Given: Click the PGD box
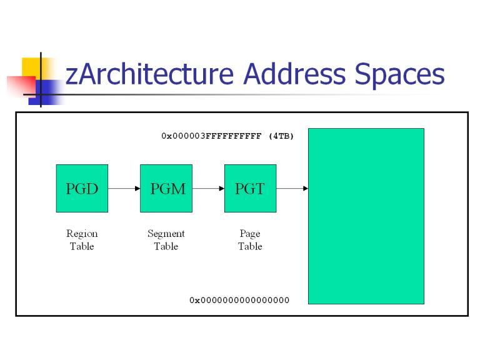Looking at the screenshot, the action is [82, 188].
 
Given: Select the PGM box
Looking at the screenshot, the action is [166, 188].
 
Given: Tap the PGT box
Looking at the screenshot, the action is [251, 188].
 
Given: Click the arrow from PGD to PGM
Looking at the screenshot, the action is [124, 188].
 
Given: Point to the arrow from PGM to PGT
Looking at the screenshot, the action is [208, 188].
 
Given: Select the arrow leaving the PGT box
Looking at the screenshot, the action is [292, 188].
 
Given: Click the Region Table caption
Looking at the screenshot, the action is [82, 240].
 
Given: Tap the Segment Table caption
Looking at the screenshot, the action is [166, 240].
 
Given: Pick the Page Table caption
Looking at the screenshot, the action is [251, 240].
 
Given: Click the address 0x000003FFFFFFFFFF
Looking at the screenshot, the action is [211, 136].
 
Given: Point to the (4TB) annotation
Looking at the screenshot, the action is [281, 136].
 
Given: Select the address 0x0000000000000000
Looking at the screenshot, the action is [239, 300].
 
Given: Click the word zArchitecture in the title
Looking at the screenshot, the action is [150, 74].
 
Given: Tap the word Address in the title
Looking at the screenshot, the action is [294, 74].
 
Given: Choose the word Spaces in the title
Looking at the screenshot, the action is [399, 76].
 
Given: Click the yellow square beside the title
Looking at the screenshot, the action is [34, 69].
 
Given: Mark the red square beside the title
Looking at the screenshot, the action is [21, 86].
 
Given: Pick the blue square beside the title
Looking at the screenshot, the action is [46, 92].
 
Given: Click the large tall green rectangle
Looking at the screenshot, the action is [366, 216].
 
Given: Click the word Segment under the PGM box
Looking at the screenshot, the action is [166, 234].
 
